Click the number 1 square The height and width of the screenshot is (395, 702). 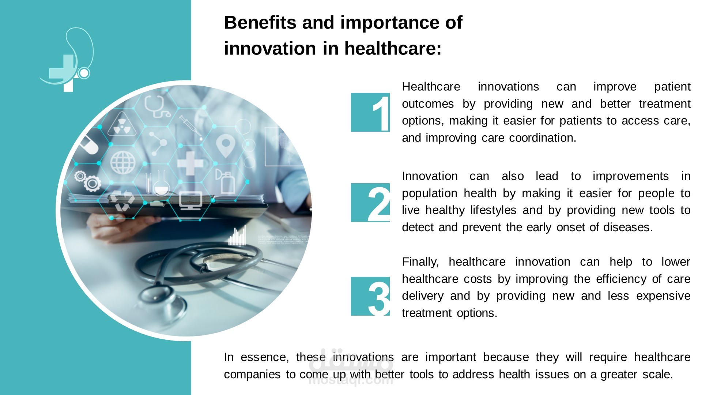coord(370,112)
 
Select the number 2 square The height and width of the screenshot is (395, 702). coord(370,203)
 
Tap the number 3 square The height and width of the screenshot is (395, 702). coord(370,296)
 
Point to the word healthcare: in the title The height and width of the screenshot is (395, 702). coord(393,49)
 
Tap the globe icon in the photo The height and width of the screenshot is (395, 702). coord(123,162)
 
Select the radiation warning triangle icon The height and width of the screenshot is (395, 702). coord(121,125)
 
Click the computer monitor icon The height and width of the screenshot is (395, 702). coord(190,201)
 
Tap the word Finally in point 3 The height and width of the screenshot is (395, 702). coord(420,262)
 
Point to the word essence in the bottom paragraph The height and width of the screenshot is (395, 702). coord(265,357)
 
